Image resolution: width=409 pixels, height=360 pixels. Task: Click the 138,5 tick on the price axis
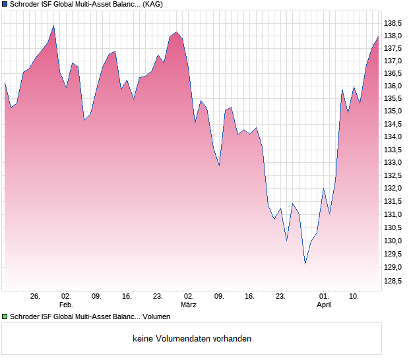tap(393, 23)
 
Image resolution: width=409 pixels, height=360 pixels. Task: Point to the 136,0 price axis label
tap(393, 86)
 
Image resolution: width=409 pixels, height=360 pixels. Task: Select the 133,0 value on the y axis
tap(393, 162)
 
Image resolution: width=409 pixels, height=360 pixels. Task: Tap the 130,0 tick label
tap(393, 227)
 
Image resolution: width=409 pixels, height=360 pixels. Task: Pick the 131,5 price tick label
tap(393, 202)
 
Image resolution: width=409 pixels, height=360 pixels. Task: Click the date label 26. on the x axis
tap(36, 297)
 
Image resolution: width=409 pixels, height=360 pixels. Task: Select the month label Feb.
tap(66, 305)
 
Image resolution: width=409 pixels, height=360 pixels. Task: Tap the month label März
tap(189, 305)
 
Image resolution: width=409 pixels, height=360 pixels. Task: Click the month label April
tap(324, 305)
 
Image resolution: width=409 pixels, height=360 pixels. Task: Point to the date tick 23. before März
tap(158, 297)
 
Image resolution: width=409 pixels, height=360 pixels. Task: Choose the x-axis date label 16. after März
tap(249, 297)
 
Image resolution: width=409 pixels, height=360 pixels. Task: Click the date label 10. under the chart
tap(354, 297)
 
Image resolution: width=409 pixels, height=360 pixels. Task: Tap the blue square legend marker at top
tap(5, 5)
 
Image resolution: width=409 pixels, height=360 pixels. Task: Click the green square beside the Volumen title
tap(5, 317)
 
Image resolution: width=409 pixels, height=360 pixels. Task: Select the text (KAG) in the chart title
tap(153, 5)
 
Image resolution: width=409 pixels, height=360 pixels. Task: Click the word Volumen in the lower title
tap(156, 317)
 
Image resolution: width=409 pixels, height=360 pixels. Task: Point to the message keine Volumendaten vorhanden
tap(192, 339)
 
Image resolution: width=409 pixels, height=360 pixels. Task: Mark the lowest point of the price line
tap(305, 264)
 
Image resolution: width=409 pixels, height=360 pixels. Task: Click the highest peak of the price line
tap(53, 26)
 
